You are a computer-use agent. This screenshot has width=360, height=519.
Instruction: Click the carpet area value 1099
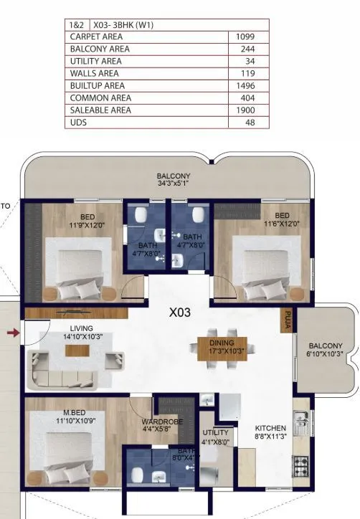[x=245, y=37]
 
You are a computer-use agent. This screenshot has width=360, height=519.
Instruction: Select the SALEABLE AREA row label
[x=100, y=110]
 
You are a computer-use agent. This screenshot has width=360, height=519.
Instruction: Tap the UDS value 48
[x=250, y=122]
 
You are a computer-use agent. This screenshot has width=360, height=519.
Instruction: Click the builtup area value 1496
[x=245, y=85]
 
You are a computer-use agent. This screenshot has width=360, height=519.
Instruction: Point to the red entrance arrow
[x=12, y=333]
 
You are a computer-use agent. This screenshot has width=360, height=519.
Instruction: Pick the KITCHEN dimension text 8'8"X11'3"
[x=271, y=437]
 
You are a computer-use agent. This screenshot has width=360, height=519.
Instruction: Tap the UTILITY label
[x=215, y=433]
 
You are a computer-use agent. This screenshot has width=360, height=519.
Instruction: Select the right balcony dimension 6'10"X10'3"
[x=326, y=354]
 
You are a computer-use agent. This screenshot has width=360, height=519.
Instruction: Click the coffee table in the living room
[x=72, y=351]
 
